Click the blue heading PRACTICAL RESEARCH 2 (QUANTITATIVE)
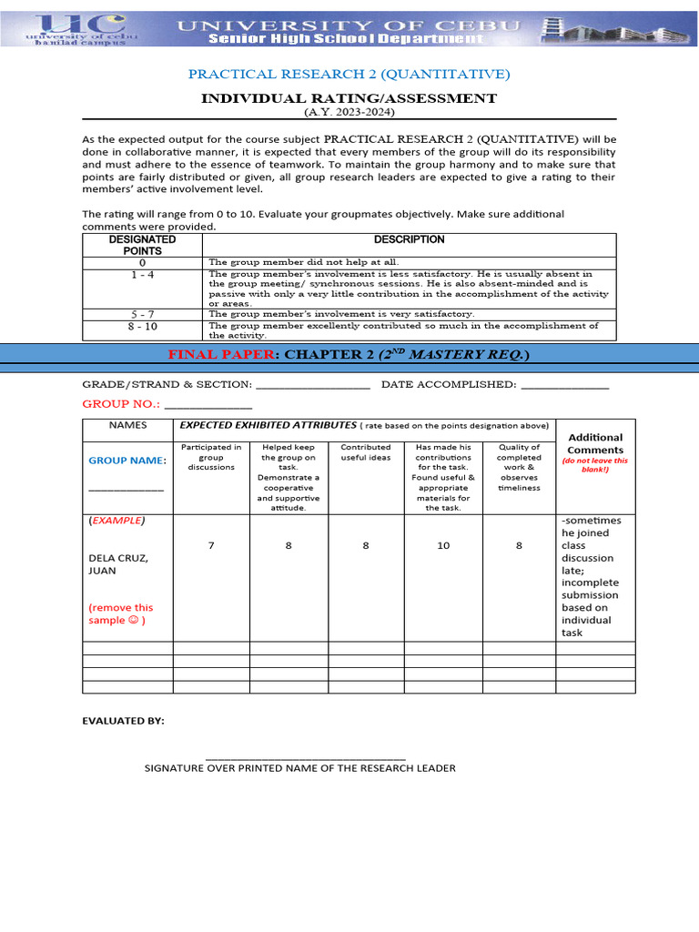[x=349, y=74]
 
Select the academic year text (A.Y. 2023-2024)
[x=349, y=111]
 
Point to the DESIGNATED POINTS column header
[x=142, y=245]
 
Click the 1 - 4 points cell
[x=142, y=274]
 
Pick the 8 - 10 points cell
[x=142, y=325]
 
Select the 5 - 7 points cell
[x=142, y=313]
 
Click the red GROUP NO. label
[x=121, y=402]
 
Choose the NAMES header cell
[x=127, y=425]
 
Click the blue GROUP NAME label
[x=125, y=461]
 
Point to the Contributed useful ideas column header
[x=365, y=452]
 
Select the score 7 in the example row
[x=210, y=545]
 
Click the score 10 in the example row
[x=443, y=545]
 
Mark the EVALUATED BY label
[x=124, y=721]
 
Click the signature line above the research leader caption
[x=306, y=758]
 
